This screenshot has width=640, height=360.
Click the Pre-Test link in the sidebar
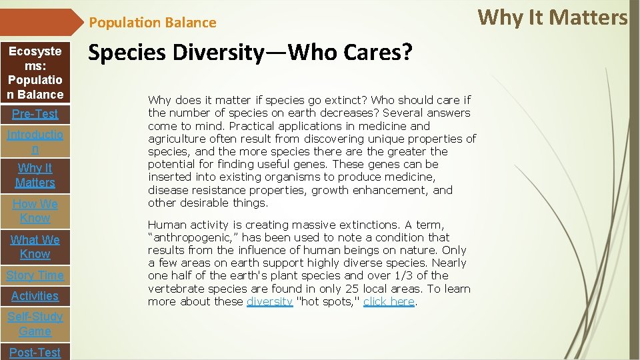[x=35, y=114]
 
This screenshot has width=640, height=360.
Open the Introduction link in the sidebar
[x=35, y=142]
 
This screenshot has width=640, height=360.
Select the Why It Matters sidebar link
[x=35, y=175]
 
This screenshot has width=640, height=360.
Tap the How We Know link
[x=35, y=211]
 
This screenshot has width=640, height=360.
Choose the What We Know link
[x=35, y=247]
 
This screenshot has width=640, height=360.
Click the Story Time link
[x=35, y=275]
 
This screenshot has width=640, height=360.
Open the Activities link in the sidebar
[x=35, y=296]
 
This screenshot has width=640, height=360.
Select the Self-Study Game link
[x=35, y=324]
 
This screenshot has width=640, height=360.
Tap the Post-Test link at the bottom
[x=35, y=352]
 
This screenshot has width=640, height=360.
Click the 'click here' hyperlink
[x=389, y=302]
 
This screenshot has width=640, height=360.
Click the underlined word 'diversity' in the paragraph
[x=269, y=302]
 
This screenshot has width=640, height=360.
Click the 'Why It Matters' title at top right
[x=553, y=17]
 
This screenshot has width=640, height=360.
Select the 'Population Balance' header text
[x=153, y=23]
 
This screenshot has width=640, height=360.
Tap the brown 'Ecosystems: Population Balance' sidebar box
[x=35, y=73]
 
